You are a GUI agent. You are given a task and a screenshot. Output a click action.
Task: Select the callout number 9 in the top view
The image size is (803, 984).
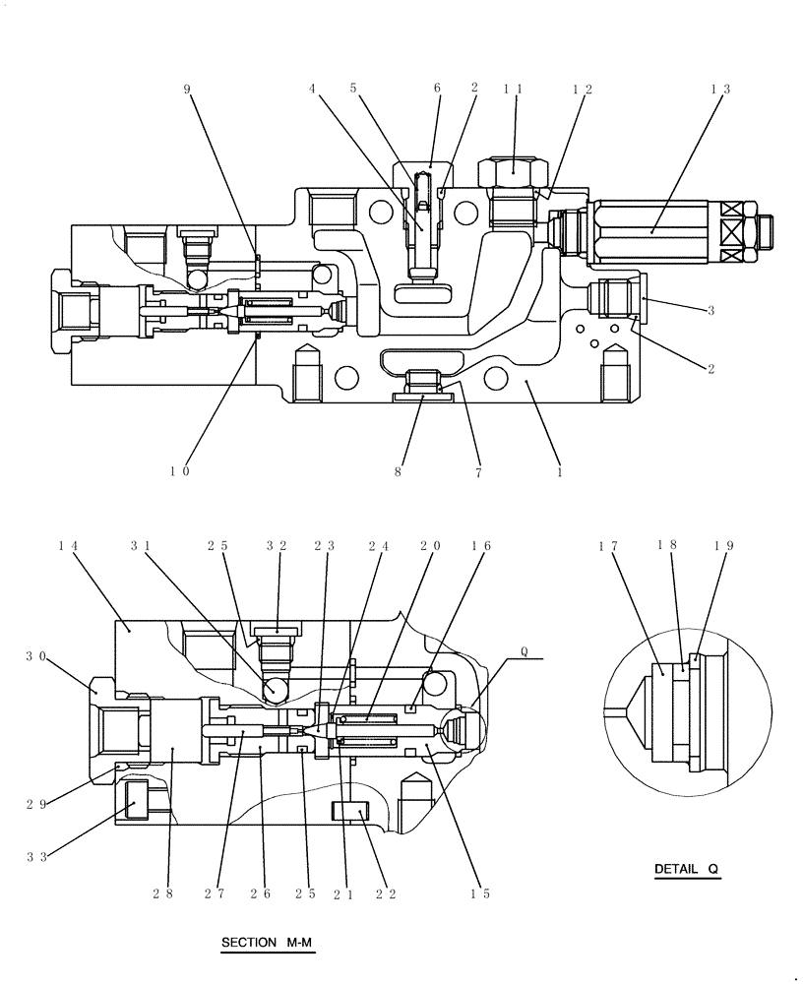tap(187, 89)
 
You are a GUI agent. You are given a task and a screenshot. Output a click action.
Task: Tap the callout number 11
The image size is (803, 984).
tap(513, 89)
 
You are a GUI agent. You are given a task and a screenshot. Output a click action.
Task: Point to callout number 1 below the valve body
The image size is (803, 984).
tap(560, 471)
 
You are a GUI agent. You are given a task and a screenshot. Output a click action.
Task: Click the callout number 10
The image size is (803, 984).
tap(179, 471)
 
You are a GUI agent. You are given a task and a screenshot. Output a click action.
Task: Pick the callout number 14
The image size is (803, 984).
tap(69, 545)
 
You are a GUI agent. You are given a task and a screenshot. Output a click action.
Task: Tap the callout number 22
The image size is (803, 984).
tap(386, 894)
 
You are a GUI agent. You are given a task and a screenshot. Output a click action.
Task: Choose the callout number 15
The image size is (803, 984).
tap(480, 894)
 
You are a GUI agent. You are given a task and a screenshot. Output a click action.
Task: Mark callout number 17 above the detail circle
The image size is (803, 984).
tap(607, 545)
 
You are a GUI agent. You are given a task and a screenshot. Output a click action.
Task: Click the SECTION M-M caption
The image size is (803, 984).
tap(266, 943)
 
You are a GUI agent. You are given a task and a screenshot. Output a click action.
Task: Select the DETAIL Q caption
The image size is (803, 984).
tap(687, 869)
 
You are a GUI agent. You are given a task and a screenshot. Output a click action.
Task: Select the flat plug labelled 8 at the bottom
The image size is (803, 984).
tap(424, 398)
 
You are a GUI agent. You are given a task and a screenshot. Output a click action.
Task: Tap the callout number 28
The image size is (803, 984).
tap(163, 894)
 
